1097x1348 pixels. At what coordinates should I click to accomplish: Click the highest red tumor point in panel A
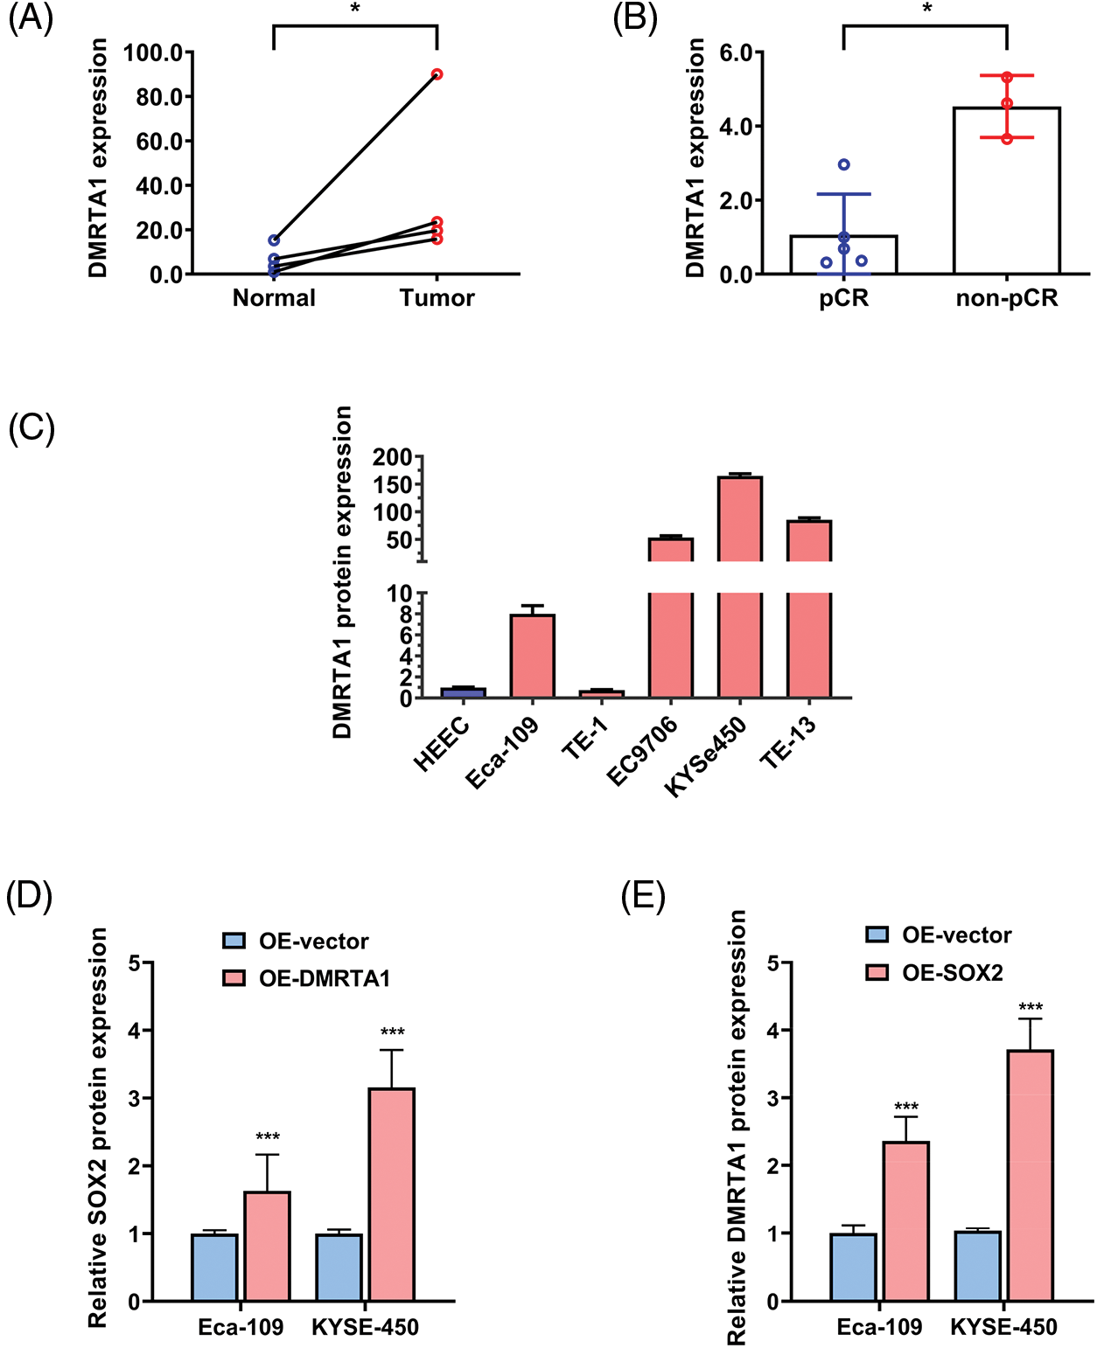437,74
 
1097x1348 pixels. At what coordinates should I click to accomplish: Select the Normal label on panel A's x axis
274,298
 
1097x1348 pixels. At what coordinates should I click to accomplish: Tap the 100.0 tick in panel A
152,52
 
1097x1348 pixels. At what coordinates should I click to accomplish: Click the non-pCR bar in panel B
1007,192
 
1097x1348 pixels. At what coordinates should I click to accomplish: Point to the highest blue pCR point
844,164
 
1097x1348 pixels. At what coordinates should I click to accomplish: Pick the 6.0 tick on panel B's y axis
736,52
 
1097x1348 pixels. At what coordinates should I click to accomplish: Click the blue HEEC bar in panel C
463,692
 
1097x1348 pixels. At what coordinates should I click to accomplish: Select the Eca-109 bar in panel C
532,656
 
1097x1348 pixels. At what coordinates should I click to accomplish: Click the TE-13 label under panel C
788,742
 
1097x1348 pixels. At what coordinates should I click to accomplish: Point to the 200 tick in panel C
392,457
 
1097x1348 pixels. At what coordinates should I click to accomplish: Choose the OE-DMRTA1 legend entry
307,978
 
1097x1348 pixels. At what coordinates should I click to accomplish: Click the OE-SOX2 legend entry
935,973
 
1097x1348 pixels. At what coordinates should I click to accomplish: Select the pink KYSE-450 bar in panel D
391,1194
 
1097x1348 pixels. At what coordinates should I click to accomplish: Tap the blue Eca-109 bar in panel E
853,1267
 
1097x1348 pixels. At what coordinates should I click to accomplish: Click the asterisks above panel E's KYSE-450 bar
1031,1007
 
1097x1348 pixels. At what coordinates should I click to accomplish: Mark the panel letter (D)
29,896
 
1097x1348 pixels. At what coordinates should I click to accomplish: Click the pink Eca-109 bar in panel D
267,1246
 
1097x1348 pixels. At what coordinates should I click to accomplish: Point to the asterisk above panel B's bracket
926,10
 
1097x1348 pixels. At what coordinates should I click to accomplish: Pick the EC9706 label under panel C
643,751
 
